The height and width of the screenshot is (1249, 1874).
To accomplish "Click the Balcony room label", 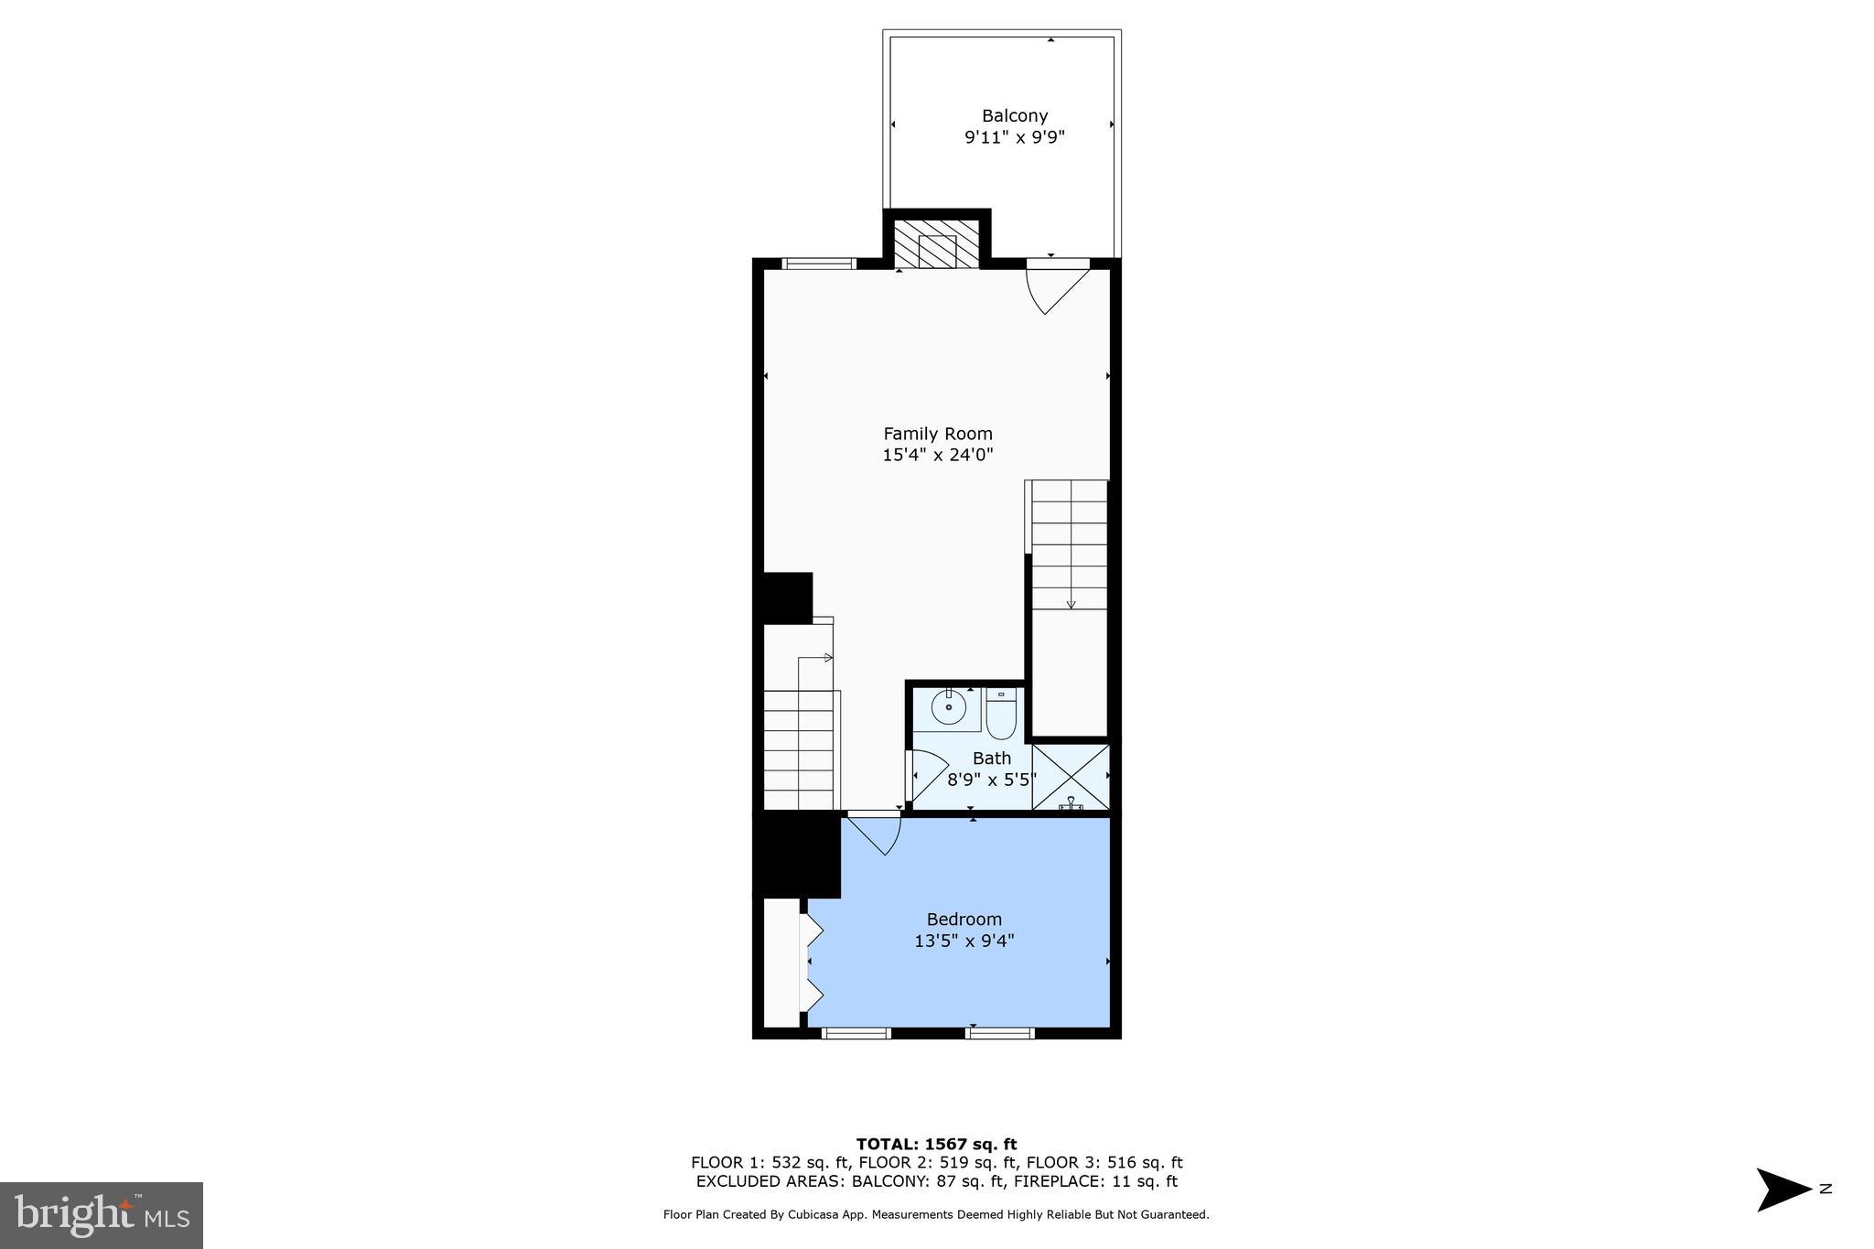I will coord(1014,116).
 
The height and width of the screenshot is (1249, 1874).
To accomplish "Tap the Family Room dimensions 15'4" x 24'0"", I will coord(937,455).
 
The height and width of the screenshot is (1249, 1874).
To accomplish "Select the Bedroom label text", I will coord(964,919).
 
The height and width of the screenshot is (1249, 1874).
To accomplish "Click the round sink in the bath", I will coord(949,707).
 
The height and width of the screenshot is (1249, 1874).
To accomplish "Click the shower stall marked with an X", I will coord(1071,776).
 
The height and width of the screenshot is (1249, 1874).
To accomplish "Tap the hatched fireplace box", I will coord(936,244).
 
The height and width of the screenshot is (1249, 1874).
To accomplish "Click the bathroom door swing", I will coord(926,774).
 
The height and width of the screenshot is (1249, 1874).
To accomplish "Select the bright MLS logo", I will coord(102,1215).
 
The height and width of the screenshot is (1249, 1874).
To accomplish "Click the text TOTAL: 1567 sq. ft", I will coord(936,1144).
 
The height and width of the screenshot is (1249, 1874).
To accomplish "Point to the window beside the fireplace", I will coord(819,264).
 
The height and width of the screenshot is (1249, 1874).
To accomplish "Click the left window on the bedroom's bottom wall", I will coord(856,1033).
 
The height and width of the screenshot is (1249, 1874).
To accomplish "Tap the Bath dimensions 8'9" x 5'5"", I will coord(991,780).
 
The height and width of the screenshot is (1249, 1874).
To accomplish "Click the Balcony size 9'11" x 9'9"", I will coord(1014,138).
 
